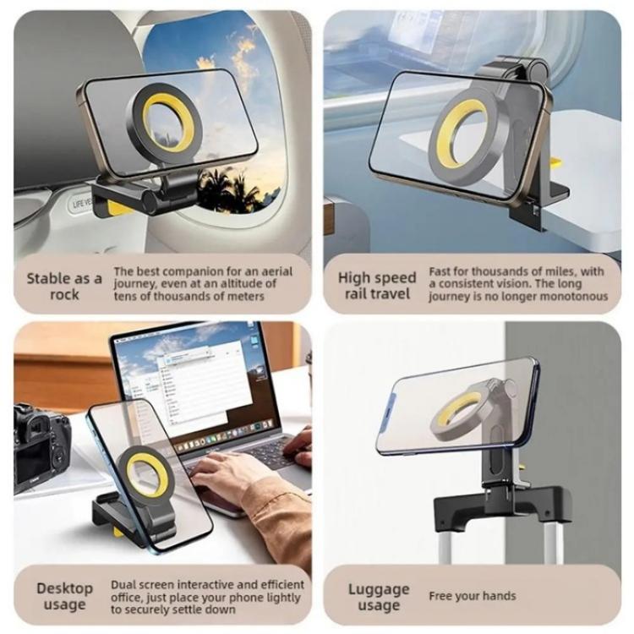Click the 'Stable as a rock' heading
(64, 286)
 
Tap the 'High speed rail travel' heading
(377, 286)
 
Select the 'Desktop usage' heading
(64, 596)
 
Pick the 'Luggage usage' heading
(378, 597)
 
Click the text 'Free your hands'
(472, 596)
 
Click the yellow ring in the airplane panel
(168, 123)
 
